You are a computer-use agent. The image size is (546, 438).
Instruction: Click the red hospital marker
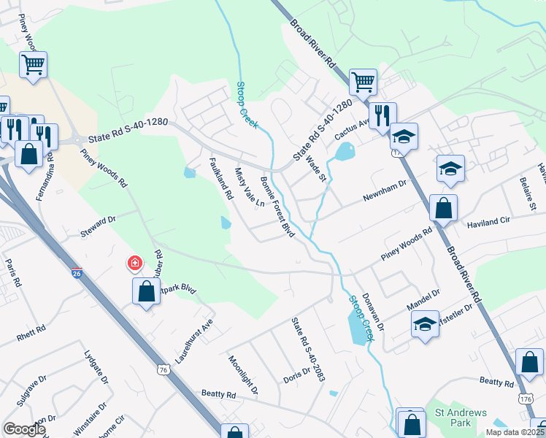tap(134, 262)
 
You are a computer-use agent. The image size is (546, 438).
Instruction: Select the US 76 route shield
tap(163, 370)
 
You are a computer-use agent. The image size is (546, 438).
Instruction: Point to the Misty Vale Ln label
tap(248, 188)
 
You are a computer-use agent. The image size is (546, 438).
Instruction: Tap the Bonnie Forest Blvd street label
tap(277, 207)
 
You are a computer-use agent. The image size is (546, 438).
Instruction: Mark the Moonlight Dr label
tap(243, 374)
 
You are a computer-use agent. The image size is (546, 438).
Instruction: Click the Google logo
tap(24, 429)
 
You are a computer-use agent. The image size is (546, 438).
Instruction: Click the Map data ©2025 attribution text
tap(513, 432)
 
